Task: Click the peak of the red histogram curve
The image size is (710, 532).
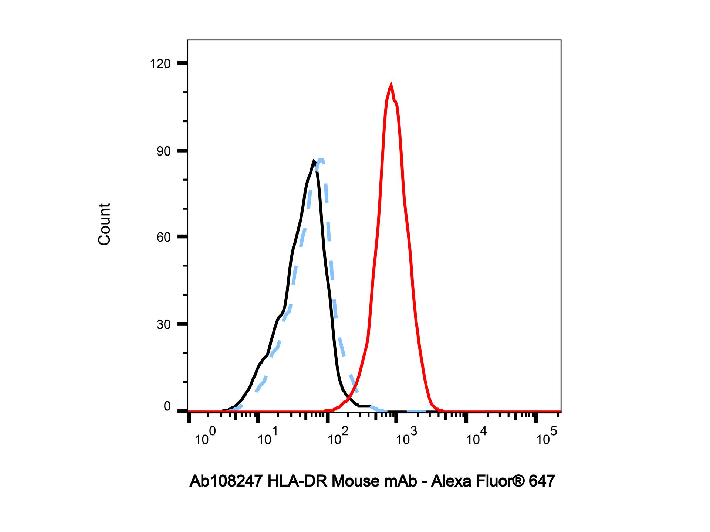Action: click(x=391, y=86)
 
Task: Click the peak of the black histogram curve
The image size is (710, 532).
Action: click(x=314, y=161)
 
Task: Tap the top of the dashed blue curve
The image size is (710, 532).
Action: click(x=321, y=160)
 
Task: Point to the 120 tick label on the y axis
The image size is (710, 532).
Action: click(x=160, y=64)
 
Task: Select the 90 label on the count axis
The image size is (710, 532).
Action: click(x=163, y=151)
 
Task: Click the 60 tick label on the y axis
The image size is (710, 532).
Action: click(x=163, y=237)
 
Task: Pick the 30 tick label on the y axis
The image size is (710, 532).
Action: click(x=163, y=325)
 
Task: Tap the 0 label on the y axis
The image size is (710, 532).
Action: click(x=167, y=407)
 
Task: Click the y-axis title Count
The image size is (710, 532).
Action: click(x=105, y=224)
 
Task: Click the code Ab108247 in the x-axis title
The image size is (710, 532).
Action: click(x=226, y=481)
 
